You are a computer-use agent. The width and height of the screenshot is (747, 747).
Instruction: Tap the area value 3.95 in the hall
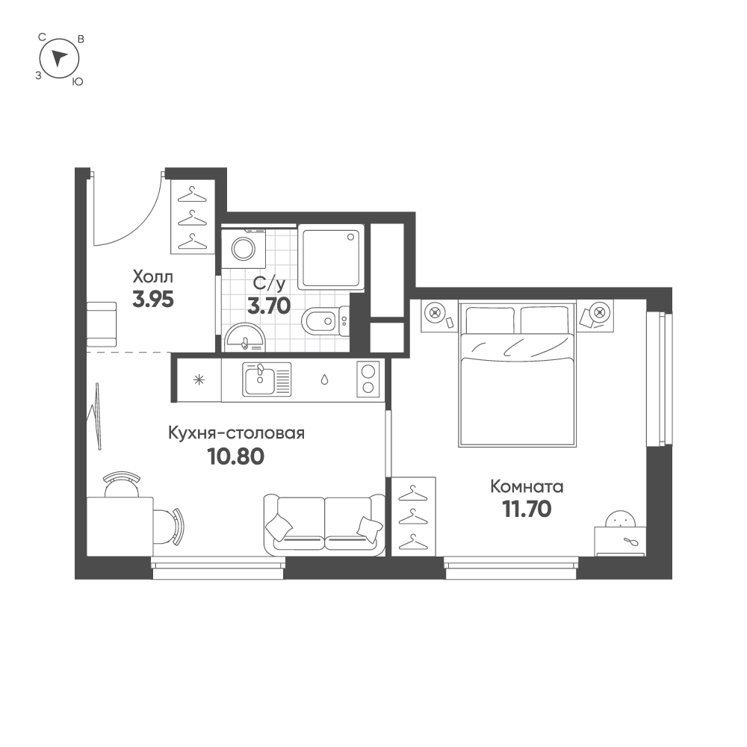153,300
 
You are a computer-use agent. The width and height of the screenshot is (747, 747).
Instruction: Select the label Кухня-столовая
236,433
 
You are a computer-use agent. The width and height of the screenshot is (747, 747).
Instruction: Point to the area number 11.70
527,509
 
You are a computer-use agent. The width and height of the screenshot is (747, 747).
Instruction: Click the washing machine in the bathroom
244,248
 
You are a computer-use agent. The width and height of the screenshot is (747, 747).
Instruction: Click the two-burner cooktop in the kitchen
368,379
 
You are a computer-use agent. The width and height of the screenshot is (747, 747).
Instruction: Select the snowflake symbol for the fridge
199,379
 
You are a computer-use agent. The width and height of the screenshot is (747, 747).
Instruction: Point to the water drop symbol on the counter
324,379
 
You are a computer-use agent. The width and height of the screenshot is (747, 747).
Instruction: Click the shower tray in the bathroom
331,257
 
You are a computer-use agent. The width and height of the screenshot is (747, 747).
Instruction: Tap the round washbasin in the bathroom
244,338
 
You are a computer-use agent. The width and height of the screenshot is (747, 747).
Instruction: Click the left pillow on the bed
490,320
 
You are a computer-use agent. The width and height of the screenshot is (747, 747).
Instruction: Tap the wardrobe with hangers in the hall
193,217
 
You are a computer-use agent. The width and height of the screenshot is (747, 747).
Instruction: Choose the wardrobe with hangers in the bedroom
414,516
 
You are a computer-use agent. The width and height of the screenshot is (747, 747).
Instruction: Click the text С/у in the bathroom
269,285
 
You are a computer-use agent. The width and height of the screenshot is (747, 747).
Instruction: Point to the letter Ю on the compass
77,82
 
